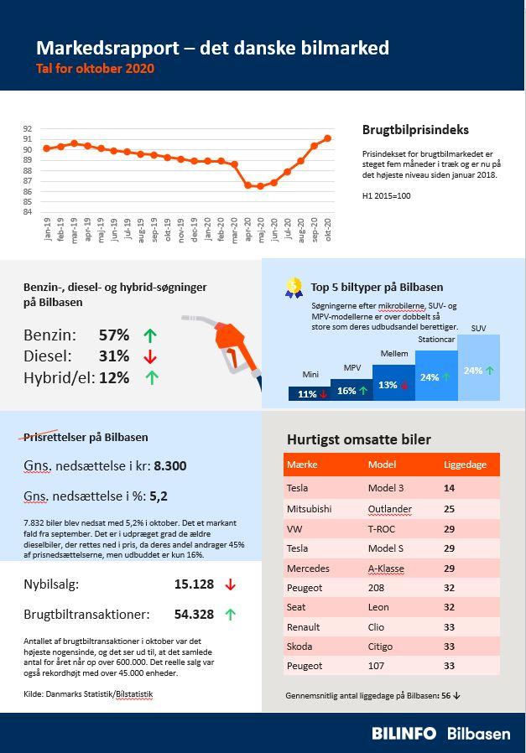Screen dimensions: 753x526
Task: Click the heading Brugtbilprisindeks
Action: click(415, 130)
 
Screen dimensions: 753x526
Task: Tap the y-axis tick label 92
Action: click(28, 128)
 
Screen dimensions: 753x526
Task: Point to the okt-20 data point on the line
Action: click(327, 138)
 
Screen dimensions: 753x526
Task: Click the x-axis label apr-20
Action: click(247, 230)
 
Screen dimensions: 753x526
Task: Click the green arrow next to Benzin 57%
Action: click(150, 335)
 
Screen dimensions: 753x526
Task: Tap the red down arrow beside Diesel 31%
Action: click(150, 356)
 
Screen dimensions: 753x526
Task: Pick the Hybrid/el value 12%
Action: click(114, 377)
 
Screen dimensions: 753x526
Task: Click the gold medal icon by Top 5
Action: click(294, 288)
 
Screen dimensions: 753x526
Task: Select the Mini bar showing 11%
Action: click(309, 393)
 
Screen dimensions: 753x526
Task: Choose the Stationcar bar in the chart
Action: click(436, 376)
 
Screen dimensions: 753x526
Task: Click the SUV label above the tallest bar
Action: click(478, 328)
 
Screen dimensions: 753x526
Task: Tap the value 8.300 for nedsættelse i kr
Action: click(170, 465)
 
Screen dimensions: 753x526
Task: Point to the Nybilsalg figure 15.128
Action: click(194, 584)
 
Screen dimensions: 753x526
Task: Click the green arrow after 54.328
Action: click(231, 614)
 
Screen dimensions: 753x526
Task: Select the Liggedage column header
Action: click(464, 465)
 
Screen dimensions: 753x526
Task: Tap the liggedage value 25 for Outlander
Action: click(449, 508)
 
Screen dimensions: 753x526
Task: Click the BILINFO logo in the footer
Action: click(404, 733)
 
